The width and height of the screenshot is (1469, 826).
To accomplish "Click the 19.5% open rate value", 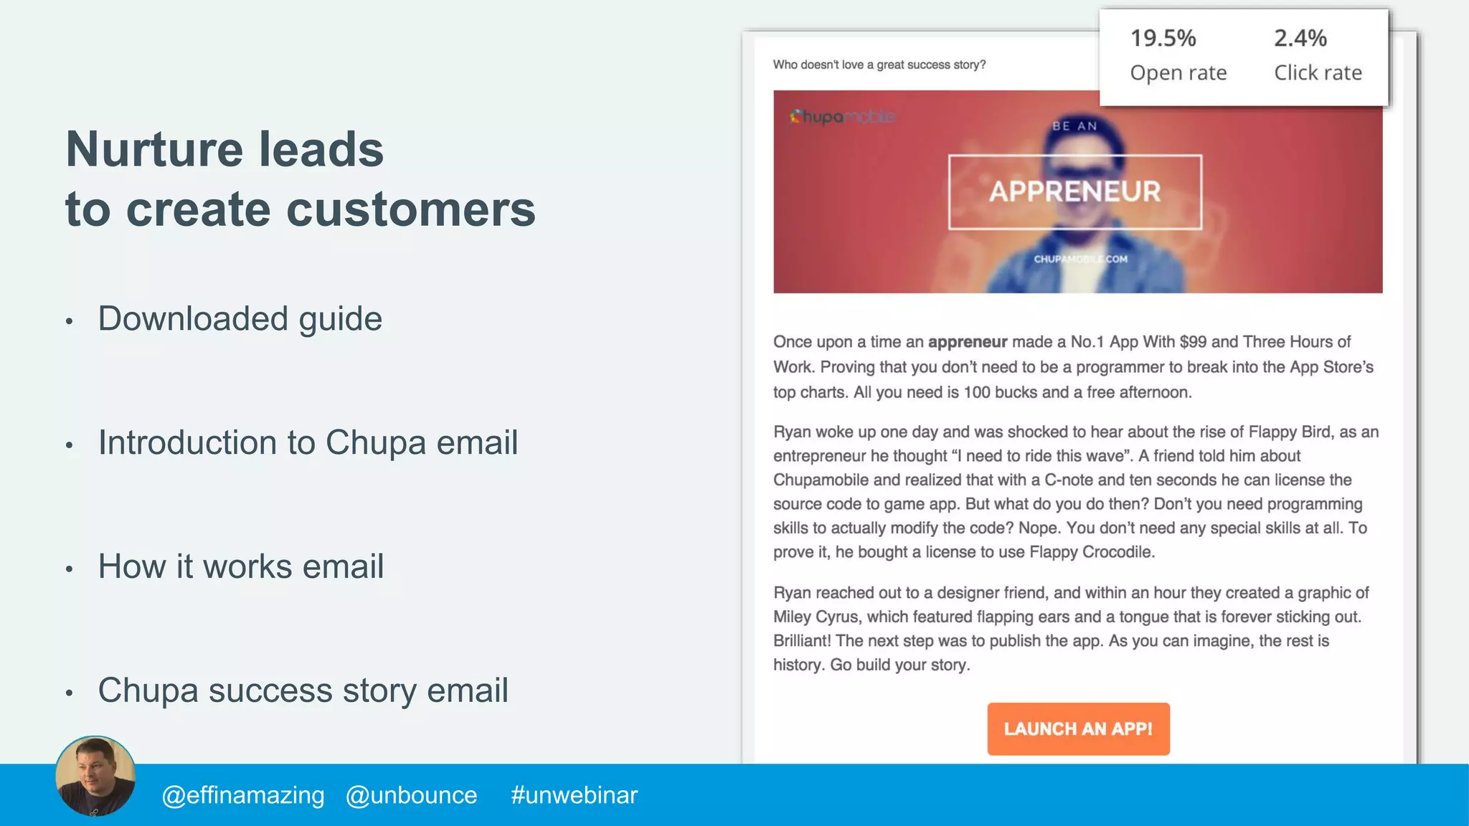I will pos(1163,38).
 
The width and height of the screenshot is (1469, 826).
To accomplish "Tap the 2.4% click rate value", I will pos(1300,38).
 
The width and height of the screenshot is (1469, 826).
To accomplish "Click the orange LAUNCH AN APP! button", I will pos(1078,728).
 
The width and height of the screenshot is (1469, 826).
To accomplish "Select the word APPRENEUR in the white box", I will pos(1074,191).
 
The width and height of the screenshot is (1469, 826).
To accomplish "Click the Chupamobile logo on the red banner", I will pos(842,116).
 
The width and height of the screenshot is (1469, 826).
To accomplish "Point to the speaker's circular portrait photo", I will pos(95,776).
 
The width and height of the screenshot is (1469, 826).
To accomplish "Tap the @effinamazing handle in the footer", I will pos(243,795).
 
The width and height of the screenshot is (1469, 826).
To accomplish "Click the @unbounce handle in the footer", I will pos(411,795).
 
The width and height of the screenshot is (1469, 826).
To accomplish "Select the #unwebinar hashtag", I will pos(574,795).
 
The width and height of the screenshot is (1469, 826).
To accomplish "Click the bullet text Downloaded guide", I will pos(240,318).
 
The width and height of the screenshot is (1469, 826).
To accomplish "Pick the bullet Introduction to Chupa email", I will pos(308,442).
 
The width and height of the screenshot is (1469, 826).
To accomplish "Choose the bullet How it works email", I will pos(241,566).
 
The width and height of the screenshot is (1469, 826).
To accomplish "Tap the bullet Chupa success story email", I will pos(303,690).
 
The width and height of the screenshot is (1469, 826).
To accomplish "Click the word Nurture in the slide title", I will pos(154,149).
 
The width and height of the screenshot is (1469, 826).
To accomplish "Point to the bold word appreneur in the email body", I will pos(967,342).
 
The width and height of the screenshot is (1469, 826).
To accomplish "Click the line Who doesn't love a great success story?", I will pos(879,65).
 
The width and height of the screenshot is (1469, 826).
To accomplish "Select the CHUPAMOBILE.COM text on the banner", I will pos(1080,259).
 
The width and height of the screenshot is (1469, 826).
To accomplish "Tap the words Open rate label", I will pos(1178,72).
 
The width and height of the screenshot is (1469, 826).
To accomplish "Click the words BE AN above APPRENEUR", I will pos(1074,126).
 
